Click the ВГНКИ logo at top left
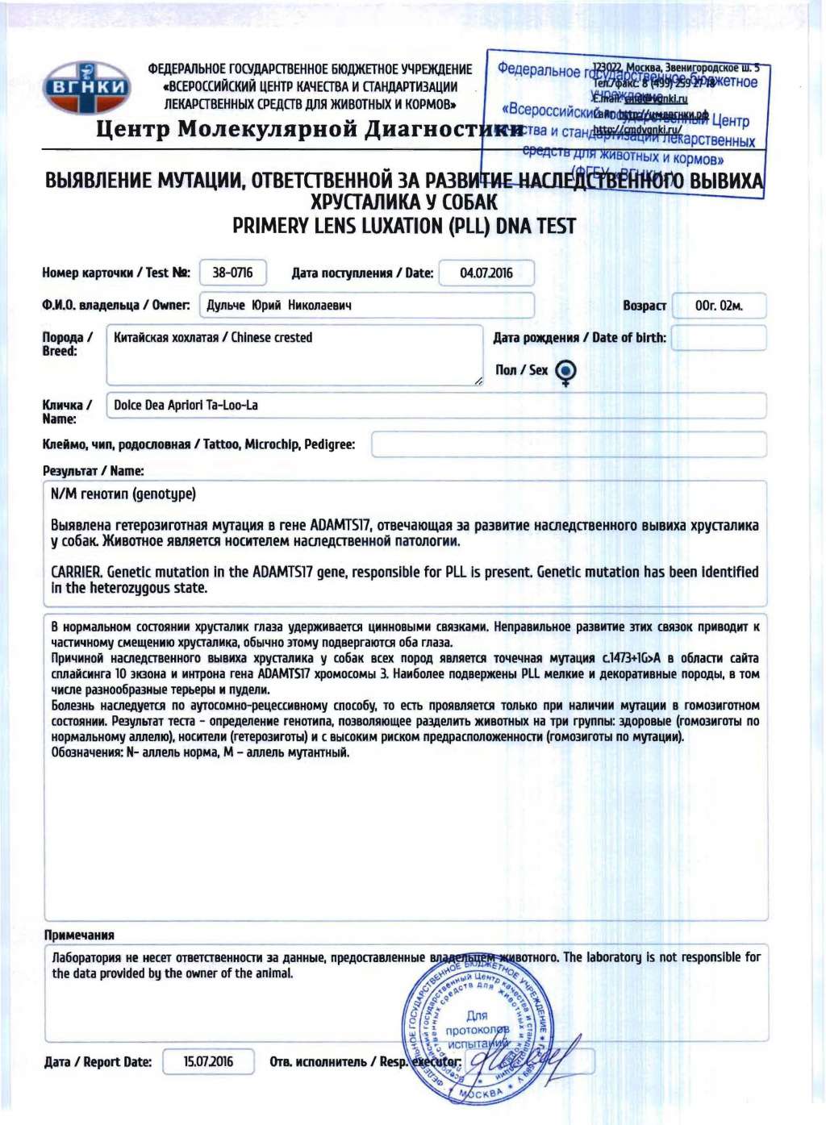point(86,86)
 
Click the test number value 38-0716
point(232,273)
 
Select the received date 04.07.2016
point(486,273)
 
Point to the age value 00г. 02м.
point(718,306)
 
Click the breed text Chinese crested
point(271,337)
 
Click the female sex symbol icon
point(566,371)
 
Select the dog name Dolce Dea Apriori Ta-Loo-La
point(186,405)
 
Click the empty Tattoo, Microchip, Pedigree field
point(568,444)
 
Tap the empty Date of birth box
point(718,338)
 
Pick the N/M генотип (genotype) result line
point(123,494)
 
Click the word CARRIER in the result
point(76,572)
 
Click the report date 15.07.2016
point(208,1061)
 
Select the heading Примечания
point(79,935)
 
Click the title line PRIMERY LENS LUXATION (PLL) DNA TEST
point(404,226)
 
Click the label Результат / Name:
point(93,471)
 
